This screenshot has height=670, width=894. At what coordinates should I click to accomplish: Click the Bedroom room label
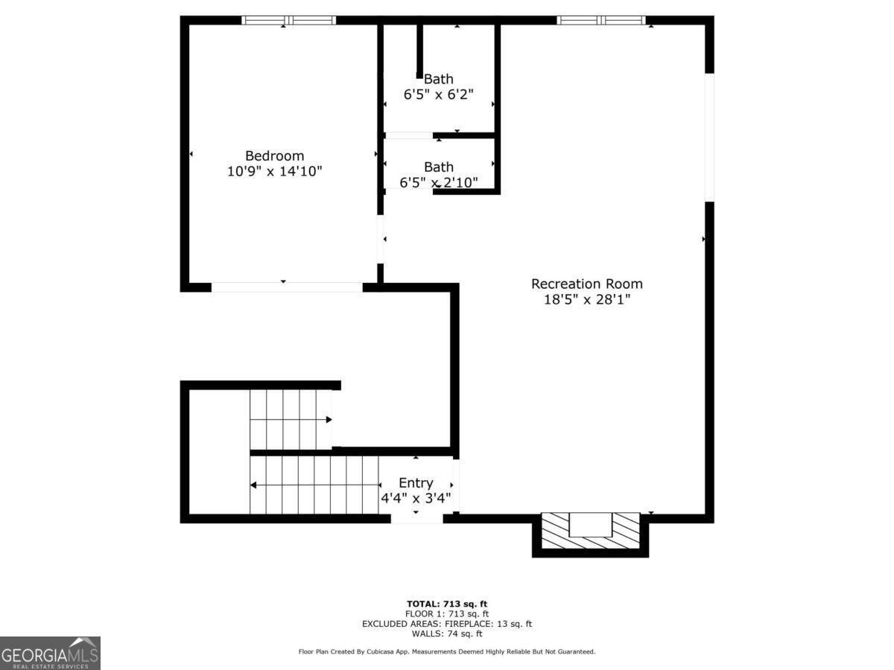pos(274,156)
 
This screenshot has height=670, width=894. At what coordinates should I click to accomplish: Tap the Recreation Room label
pos(587,284)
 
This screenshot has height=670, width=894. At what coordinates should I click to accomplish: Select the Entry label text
pos(416,483)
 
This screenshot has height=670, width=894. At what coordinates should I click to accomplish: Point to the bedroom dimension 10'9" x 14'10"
pos(274,171)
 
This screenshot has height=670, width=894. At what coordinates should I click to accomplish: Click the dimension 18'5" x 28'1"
pos(587,300)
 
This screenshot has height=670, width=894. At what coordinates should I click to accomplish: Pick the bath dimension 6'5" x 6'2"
pos(439,95)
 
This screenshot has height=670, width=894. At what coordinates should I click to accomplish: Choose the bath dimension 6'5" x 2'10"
pos(439,182)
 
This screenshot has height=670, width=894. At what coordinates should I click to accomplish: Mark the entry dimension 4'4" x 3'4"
pos(416,497)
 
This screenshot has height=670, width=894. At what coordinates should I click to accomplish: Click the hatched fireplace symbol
pos(590,531)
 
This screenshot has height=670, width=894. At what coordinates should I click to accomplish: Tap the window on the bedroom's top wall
pos(289,20)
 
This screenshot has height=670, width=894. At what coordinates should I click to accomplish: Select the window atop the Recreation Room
pos(601,20)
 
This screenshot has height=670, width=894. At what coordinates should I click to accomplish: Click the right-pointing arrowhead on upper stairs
pos(329,419)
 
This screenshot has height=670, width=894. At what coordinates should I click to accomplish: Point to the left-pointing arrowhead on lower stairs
pos(253,485)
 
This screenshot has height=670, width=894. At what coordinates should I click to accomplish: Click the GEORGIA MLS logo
pos(50,653)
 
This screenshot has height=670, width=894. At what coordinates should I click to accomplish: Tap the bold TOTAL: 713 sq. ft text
pos(447,604)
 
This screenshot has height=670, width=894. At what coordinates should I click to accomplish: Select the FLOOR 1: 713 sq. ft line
pos(447,614)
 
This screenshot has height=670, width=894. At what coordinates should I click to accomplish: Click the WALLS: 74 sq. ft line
pos(447,634)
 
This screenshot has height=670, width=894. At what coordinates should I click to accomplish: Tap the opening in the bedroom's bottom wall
pos(287,287)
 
